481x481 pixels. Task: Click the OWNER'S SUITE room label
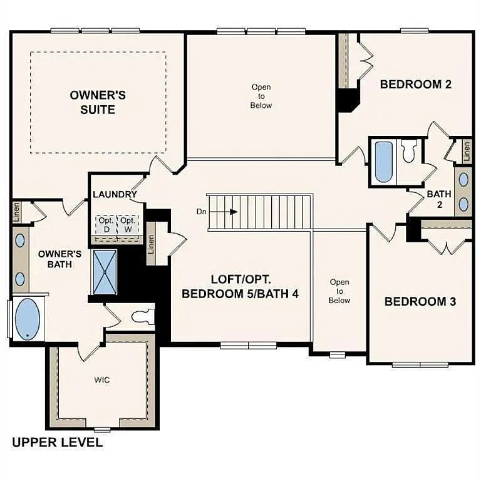click(x=98, y=102)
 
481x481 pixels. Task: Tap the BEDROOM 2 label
click(x=416, y=85)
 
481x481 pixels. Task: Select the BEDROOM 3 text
click(x=420, y=301)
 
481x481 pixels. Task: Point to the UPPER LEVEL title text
click(x=57, y=443)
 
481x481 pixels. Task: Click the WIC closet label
click(x=102, y=380)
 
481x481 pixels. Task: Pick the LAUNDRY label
click(x=115, y=194)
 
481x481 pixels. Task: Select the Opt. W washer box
click(x=128, y=225)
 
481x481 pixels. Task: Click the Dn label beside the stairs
click(x=201, y=212)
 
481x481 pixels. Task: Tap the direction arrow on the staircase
click(x=232, y=212)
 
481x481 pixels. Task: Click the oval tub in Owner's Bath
click(x=26, y=319)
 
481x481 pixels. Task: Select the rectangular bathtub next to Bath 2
click(x=383, y=162)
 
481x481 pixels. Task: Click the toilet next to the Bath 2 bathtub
click(x=409, y=152)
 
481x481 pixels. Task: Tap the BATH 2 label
click(x=439, y=199)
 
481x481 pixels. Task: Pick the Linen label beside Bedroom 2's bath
click(x=467, y=150)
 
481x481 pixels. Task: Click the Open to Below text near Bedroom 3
click(x=339, y=291)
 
